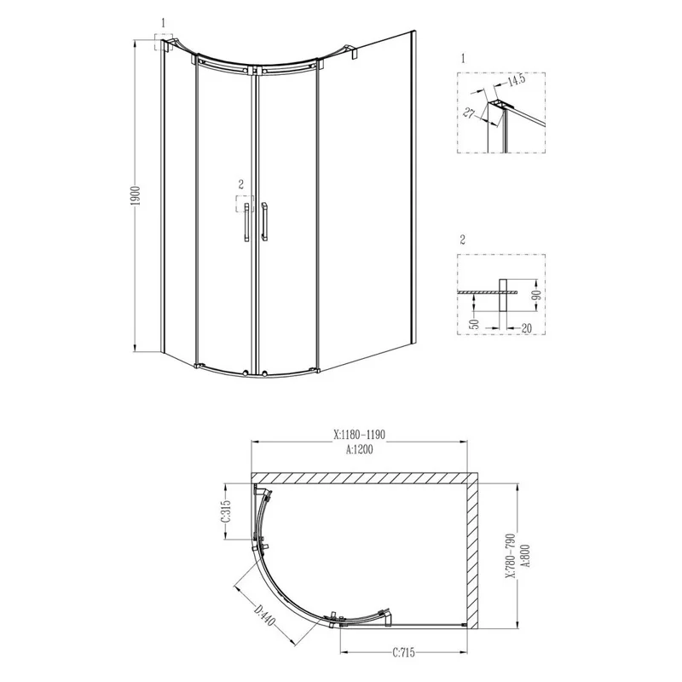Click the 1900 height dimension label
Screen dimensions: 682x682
(137, 196)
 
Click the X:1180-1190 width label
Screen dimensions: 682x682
(360, 433)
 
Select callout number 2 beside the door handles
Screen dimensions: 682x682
(241, 183)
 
